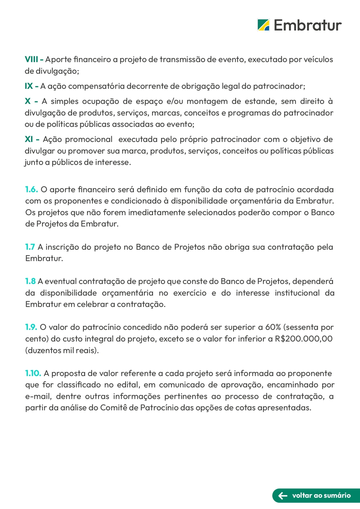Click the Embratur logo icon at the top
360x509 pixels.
pos(263,25)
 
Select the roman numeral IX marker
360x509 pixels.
pos(29,86)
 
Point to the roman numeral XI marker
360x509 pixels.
pos(29,139)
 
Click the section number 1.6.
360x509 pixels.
pos(31,189)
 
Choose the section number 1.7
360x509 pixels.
pos(30,247)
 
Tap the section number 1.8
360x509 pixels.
pos(30,281)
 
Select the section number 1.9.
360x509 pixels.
pos(31,327)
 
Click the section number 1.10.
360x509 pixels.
pos(33,373)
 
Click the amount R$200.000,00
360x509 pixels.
pos(304,339)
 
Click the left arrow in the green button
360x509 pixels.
pos(283,495)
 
